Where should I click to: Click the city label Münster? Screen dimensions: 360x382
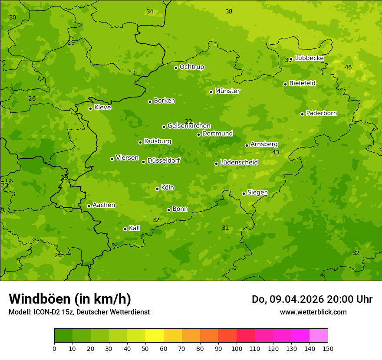[x=227, y=91]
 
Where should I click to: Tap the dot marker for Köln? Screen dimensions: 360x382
[x=157, y=189]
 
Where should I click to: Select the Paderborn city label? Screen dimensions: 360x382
[x=321, y=113]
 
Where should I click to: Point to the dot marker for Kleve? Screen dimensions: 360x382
[x=90, y=108]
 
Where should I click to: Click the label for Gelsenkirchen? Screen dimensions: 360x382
[x=189, y=126]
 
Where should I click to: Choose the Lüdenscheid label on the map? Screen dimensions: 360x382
[x=239, y=163]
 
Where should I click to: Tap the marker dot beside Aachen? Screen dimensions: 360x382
[x=89, y=206]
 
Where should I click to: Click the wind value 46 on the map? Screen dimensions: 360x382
[x=348, y=67]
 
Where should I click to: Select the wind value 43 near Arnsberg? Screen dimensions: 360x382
[x=276, y=152]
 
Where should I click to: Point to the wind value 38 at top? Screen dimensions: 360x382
[x=229, y=11]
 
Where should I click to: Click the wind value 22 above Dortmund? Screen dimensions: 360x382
[x=188, y=121]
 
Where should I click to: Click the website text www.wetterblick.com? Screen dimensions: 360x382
[x=313, y=312]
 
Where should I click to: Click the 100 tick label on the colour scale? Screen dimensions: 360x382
[x=237, y=348]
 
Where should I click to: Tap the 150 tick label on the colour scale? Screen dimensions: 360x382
[x=328, y=348]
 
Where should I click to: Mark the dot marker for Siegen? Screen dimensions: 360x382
[x=244, y=194]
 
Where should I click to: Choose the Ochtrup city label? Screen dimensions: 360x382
[x=191, y=67]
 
